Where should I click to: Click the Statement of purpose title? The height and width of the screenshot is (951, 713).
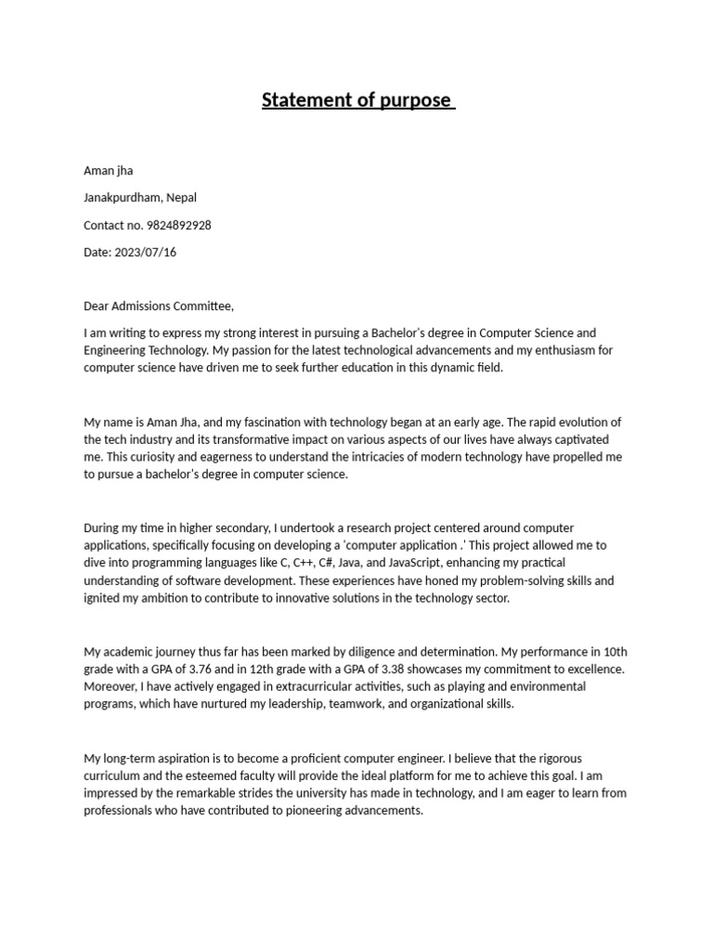pyautogui.click(x=357, y=100)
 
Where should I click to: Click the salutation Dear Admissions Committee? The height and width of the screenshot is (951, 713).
pyautogui.click(x=159, y=306)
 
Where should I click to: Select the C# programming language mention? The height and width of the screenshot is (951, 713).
pyautogui.click(x=304, y=563)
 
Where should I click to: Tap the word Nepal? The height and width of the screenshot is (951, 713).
pyautogui.click(x=181, y=197)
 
